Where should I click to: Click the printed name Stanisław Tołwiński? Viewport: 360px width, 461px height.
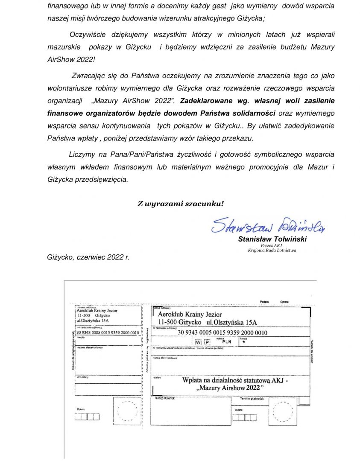point(272,239)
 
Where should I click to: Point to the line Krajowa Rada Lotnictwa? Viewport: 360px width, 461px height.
point(272,251)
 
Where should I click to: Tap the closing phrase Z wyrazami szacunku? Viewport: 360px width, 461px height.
point(180,203)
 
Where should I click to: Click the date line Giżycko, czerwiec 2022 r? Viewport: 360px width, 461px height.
point(88,257)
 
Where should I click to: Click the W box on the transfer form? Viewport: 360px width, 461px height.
point(198,342)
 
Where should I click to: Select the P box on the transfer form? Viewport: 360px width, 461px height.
point(207,342)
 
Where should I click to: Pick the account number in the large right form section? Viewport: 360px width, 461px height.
point(222,333)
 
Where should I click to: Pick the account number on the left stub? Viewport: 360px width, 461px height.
point(108,332)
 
